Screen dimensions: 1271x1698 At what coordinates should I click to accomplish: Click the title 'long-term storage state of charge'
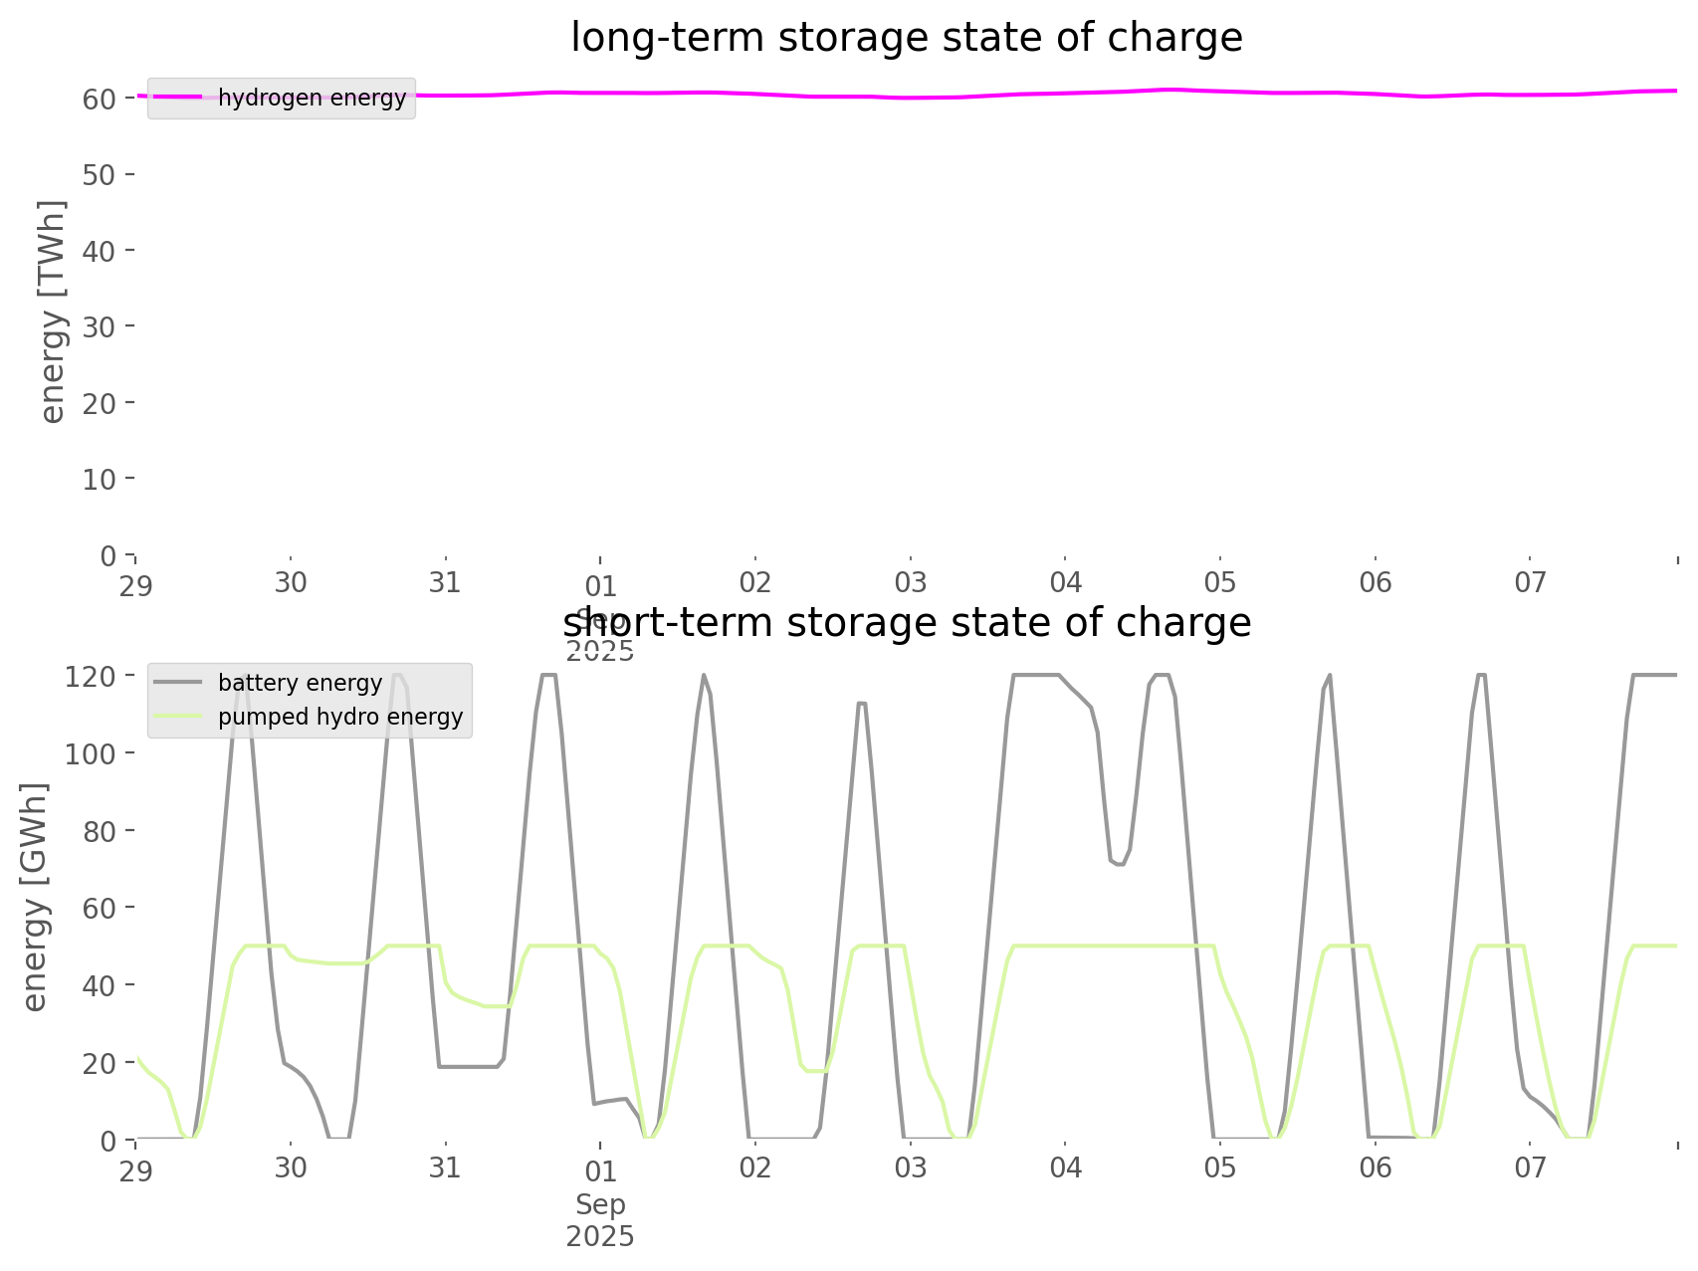[x=906, y=38]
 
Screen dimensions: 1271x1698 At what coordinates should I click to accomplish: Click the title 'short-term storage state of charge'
[x=906, y=623]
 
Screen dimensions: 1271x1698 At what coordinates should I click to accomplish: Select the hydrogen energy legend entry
[x=312, y=98]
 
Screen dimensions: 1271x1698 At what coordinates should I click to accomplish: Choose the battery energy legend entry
[x=300, y=683]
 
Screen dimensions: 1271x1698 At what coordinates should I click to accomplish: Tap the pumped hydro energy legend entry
[x=339, y=717]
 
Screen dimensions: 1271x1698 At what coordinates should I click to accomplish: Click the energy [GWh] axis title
[x=35, y=897]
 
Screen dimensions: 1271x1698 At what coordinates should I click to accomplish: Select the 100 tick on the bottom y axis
[x=90, y=753]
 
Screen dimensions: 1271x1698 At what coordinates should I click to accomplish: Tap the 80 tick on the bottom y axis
[x=98, y=831]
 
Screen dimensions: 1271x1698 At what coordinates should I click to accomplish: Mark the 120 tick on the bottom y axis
[x=90, y=677]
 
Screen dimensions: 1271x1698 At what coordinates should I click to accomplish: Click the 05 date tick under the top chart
[x=1220, y=582]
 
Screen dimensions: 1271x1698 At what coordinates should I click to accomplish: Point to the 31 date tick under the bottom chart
[x=445, y=1166]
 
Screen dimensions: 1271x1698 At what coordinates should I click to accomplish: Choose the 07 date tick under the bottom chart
[x=1530, y=1166]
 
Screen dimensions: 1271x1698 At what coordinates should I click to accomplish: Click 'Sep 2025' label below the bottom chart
[x=600, y=1220]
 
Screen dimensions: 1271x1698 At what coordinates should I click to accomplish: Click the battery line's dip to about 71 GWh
[x=1120, y=864]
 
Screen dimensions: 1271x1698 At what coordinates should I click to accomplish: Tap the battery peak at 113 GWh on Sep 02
[x=862, y=703]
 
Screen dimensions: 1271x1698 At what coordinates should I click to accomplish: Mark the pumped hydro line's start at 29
[x=136, y=1057]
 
